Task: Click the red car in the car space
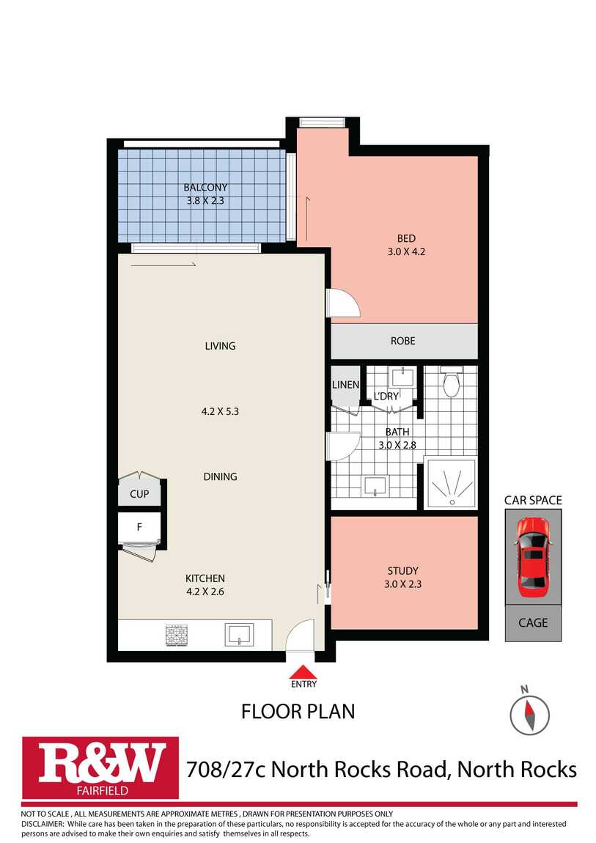[x=532, y=557]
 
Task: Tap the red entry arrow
[x=303, y=672]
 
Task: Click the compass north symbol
[x=529, y=715]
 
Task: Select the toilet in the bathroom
[x=451, y=380]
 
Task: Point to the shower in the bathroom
[x=451, y=483]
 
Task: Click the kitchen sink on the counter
[x=238, y=634]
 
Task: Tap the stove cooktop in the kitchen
[x=176, y=635]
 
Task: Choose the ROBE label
[x=403, y=341]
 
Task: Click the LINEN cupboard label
[x=345, y=385]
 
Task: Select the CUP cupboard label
[x=139, y=493]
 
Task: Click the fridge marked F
[x=139, y=527]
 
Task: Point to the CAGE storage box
[x=533, y=622]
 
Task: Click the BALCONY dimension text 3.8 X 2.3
[x=205, y=201]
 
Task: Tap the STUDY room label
[x=403, y=571]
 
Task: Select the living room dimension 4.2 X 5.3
[x=220, y=411]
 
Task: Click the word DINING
[x=221, y=476]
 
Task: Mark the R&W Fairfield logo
[x=100, y=767]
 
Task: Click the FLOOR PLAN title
[x=298, y=711]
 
